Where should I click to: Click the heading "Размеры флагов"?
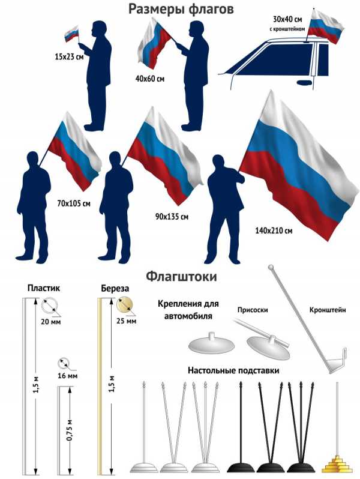[181, 9]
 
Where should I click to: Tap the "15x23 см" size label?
[70, 56]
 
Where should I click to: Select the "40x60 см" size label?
[149, 79]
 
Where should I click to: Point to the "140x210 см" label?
[274, 230]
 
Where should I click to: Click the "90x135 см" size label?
[172, 217]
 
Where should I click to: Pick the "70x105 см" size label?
[74, 203]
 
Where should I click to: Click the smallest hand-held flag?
[72, 34]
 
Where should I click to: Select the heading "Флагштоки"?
[181, 277]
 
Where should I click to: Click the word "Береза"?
[115, 288]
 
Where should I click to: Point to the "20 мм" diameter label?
[50, 321]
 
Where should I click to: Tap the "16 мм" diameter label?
[67, 375]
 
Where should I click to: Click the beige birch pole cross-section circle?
[125, 304]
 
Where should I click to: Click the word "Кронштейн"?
[328, 310]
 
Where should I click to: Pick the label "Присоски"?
[253, 310]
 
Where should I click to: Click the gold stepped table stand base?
[337, 465]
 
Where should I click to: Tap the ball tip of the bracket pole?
[271, 267]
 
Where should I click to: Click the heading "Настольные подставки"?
[233, 370]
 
